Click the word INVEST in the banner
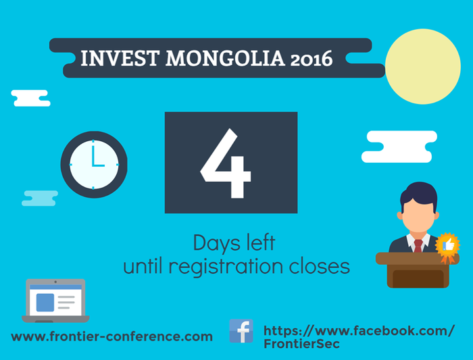click(x=120, y=58)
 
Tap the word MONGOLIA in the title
click(x=225, y=58)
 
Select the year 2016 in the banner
click(x=312, y=59)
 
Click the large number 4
click(x=226, y=163)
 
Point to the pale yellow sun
click(x=423, y=67)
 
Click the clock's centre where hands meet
click(x=93, y=165)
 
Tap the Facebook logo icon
click(x=241, y=331)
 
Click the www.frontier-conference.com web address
click(x=112, y=336)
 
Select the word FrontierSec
click(x=301, y=344)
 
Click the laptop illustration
click(x=55, y=301)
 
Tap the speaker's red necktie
click(x=418, y=246)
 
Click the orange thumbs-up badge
click(x=447, y=247)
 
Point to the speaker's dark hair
click(x=419, y=194)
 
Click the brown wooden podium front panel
click(x=418, y=278)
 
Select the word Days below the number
click(x=217, y=243)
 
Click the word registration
click(x=226, y=266)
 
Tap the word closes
click(x=320, y=266)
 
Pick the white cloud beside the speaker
click(x=399, y=147)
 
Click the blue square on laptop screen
click(x=45, y=303)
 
